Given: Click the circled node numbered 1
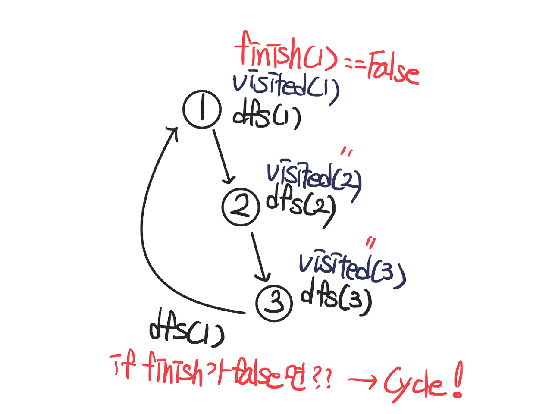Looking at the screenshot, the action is click(202, 110).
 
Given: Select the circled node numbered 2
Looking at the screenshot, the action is click(241, 207).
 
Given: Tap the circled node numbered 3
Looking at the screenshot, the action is click(274, 303).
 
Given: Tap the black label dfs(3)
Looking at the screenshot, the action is click(336, 298).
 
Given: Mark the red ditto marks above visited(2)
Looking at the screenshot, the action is click(347, 152).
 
